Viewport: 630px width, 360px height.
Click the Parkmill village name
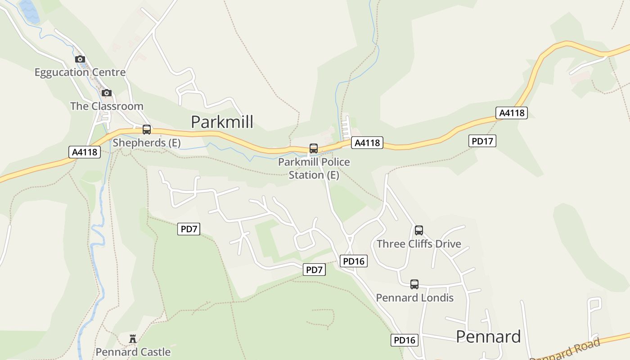click(x=222, y=122)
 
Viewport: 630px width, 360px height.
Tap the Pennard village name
click(x=488, y=337)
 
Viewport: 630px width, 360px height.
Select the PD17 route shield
click(x=482, y=141)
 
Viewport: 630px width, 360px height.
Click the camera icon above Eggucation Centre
click(x=80, y=59)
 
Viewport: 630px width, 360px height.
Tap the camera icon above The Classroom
click(x=106, y=93)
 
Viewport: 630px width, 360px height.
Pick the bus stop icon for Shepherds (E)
click(x=147, y=130)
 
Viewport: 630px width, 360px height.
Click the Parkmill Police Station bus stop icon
click(x=314, y=148)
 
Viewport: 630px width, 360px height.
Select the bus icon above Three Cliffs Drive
click(x=419, y=230)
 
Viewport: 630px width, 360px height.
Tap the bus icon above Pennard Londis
click(x=414, y=284)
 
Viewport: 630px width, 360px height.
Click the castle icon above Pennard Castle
click(x=133, y=338)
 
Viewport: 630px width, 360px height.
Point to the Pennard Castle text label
click(x=133, y=352)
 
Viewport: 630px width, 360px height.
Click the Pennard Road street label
click(x=565, y=350)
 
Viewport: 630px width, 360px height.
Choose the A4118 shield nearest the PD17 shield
click(x=511, y=112)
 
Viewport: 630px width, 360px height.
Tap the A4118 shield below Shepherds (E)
click(x=85, y=152)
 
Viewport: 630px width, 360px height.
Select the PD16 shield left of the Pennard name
click(x=405, y=340)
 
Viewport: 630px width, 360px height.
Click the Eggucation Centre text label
click(x=80, y=72)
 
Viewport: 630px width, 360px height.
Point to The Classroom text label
click(x=107, y=106)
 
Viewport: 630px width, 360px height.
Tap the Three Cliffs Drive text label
click(x=419, y=244)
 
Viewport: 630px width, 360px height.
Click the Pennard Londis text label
click(x=414, y=298)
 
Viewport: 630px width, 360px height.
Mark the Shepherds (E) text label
click(x=147, y=143)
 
